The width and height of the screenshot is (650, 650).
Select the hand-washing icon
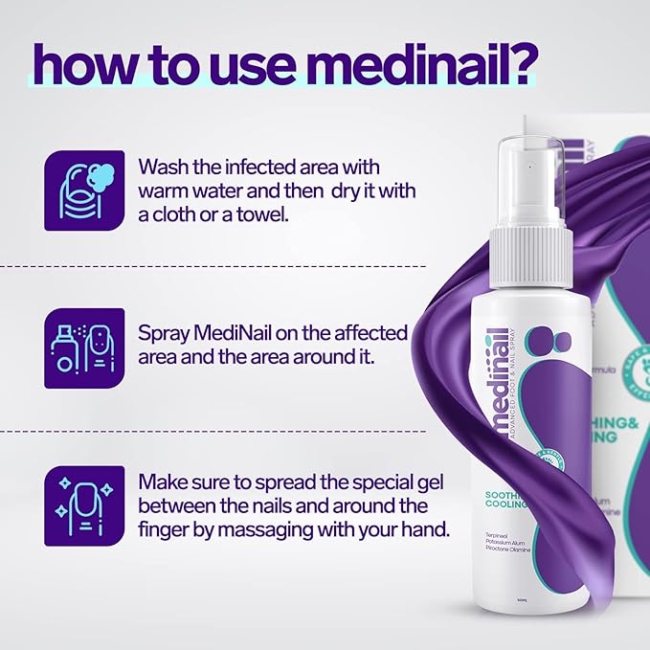[84, 191]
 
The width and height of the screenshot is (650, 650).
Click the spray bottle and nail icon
[84, 347]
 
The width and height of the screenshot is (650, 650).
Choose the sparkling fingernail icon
[84, 506]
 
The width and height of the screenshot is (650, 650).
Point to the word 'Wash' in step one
[164, 166]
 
